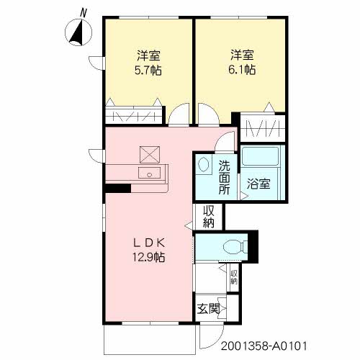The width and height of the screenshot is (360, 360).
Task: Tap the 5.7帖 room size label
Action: tap(148, 71)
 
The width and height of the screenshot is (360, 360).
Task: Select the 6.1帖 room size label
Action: tap(242, 70)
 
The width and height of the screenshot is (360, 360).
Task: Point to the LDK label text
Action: tap(149, 243)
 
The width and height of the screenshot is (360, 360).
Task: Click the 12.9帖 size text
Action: tap(149, 258)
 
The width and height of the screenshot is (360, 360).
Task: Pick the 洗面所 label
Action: tap(225, 177)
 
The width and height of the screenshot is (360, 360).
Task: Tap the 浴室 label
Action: tap(258, 184)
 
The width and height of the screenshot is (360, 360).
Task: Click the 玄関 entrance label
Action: tap(208, 309)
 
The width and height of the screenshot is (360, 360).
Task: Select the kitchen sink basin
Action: tap(149, 173)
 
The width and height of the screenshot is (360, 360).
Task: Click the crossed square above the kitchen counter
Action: tap(150, 155)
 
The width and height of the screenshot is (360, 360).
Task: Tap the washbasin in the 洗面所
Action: tap(203, 164)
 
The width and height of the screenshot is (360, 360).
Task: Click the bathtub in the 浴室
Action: tap(261, 156)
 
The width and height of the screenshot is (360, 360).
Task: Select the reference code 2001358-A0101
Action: tap(264, 346)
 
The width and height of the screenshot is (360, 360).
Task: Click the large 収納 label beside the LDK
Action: tap(208, 217)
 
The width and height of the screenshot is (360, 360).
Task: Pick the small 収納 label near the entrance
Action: tap(234, 277)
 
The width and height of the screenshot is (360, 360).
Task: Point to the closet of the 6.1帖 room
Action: tap(263, 128)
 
